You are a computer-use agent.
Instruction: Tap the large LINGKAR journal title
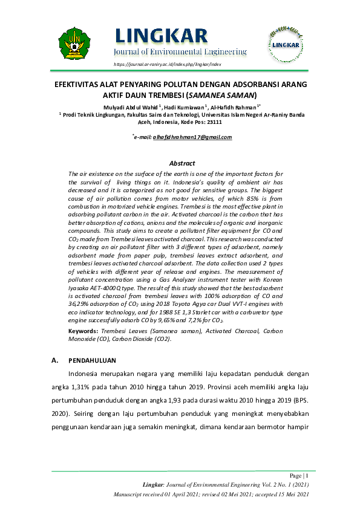pyautogui.click(x=160, y=36)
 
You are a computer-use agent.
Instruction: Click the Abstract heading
pyautogui.click(x=182, y=163)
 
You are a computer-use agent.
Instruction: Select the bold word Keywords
pyautogui.click(x=84, y=331)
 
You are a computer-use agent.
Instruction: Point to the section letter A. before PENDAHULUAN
pyautogui.click(x=56, y=361)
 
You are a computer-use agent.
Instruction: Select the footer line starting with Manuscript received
pyautogui.click(x=211, y=494)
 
